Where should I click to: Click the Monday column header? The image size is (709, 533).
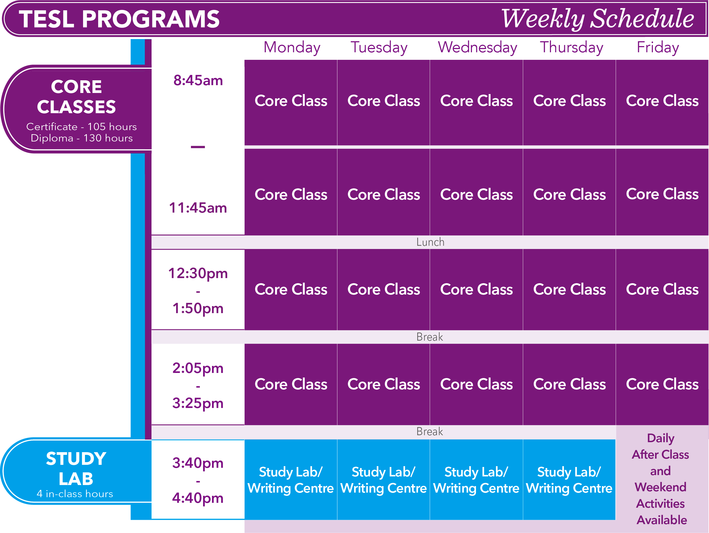coord(292,48)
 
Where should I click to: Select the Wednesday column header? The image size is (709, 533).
coord(477,48)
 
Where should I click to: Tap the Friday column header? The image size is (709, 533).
coord(658,48)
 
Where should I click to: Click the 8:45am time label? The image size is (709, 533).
coord(198,80)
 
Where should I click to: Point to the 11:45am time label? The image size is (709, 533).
coord(198,208)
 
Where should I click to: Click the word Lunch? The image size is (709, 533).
coord(430,242)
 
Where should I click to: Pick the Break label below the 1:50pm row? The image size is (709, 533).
coord(430,337)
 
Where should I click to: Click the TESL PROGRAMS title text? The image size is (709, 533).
coord(119,19)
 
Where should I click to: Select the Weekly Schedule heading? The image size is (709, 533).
coord(597,19)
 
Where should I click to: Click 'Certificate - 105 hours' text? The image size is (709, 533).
coord(81,127)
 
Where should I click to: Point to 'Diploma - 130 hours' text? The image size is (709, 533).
coord(82,138)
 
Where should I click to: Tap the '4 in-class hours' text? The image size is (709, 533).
coord(75,494)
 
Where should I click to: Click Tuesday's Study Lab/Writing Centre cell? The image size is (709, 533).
coord(383,479)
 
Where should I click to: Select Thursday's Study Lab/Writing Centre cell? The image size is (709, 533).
coord(569,479)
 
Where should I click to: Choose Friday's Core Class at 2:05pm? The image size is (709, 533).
coord(662,384)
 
